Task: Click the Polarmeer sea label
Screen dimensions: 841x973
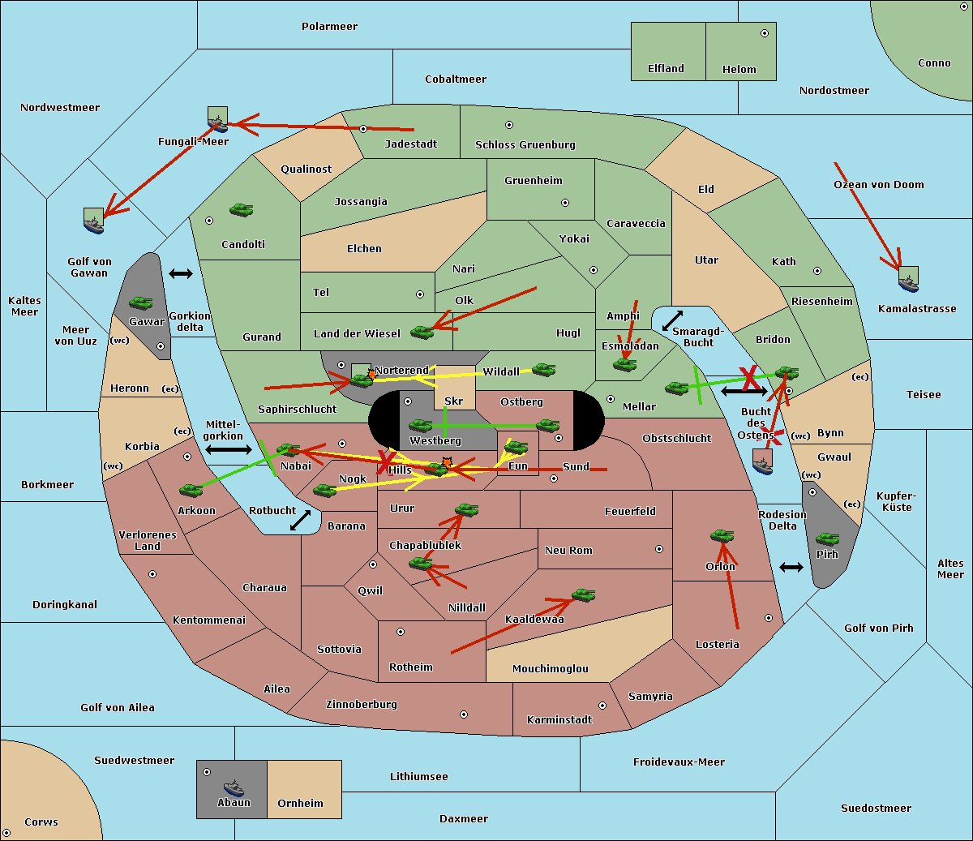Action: pos(329,27)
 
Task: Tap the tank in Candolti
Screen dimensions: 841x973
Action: pos(241,209)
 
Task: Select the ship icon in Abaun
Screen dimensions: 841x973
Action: pos(234,787)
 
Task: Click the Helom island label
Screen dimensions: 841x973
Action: pos(739,70)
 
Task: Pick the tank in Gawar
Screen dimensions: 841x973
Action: pos(141,303)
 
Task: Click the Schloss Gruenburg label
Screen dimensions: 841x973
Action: pos(525,145)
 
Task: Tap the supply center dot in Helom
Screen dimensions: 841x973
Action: pos(764,33)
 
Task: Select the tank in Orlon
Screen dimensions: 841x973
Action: pos(722,535)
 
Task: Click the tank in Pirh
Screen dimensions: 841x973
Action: pos(827,538)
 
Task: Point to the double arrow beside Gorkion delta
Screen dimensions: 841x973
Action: pos(180,274)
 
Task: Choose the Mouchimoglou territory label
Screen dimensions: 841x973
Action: pos(550,669)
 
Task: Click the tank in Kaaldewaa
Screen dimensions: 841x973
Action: pos(583,595)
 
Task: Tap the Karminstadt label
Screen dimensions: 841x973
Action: pos(559,720)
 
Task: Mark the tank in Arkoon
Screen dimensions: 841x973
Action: pos(191,490)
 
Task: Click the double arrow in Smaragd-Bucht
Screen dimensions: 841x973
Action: pos(672,321)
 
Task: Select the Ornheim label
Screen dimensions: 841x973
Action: pos(300,804)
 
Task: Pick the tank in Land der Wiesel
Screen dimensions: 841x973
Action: pos(422,332)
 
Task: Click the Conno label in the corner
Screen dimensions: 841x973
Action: pos(934,63)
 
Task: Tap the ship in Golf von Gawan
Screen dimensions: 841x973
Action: pos(94,221)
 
